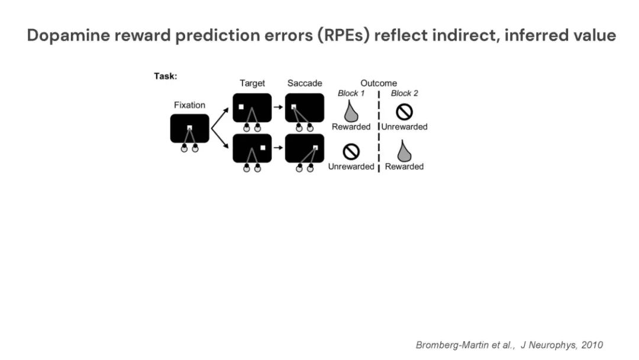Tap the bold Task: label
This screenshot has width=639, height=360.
point(166,76)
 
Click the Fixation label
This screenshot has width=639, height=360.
point(189,105)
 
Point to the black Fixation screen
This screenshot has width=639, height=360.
point(189,128)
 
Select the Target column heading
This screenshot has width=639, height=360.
point(252,83)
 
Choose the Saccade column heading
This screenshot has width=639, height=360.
point(305,83)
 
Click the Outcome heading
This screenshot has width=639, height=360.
point(379,83)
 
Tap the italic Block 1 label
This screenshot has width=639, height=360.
point(351,94)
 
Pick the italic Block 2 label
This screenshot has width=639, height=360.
point(405,94)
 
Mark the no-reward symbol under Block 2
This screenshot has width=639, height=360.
point(404,111)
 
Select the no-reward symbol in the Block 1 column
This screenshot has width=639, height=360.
point(351,152)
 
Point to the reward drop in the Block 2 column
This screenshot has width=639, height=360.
point(404,151)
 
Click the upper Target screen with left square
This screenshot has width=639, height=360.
point(252,108)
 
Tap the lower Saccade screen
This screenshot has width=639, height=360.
point(305,148)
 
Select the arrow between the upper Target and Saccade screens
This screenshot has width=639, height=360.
point(278,107)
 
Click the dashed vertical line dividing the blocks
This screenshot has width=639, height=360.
point(379,130)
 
